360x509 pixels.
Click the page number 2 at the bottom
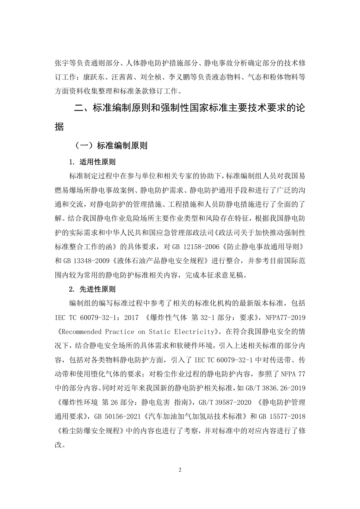[180, 470]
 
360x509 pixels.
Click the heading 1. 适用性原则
[92, 162]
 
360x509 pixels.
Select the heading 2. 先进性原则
[92, 289]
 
